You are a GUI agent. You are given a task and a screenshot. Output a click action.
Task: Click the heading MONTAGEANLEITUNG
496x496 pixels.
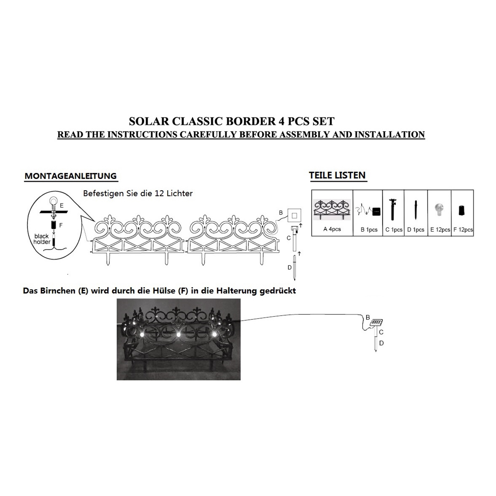point(71,176)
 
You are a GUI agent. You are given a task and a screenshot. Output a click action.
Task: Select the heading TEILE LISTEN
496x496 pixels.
point(337,175)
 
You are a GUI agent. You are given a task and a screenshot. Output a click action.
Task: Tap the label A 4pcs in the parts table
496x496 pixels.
point(332,229)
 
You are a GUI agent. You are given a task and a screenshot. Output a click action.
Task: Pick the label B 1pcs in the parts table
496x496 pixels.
point(369,230)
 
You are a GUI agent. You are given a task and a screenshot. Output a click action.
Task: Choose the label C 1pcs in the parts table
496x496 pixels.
point(394,230)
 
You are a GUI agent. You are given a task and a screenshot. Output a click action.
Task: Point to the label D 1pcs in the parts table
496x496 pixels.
point(416,230)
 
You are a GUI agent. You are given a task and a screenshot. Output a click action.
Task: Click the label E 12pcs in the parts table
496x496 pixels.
point(440,230)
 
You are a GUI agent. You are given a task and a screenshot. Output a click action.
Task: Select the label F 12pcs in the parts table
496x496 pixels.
point(463,230)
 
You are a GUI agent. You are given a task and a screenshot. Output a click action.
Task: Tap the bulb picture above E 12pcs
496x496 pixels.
point(439,210)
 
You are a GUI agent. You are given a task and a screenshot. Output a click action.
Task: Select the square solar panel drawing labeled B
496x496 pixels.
point(294,215)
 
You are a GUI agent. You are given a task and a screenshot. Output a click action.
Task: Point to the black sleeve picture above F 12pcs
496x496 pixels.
point(461,210)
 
